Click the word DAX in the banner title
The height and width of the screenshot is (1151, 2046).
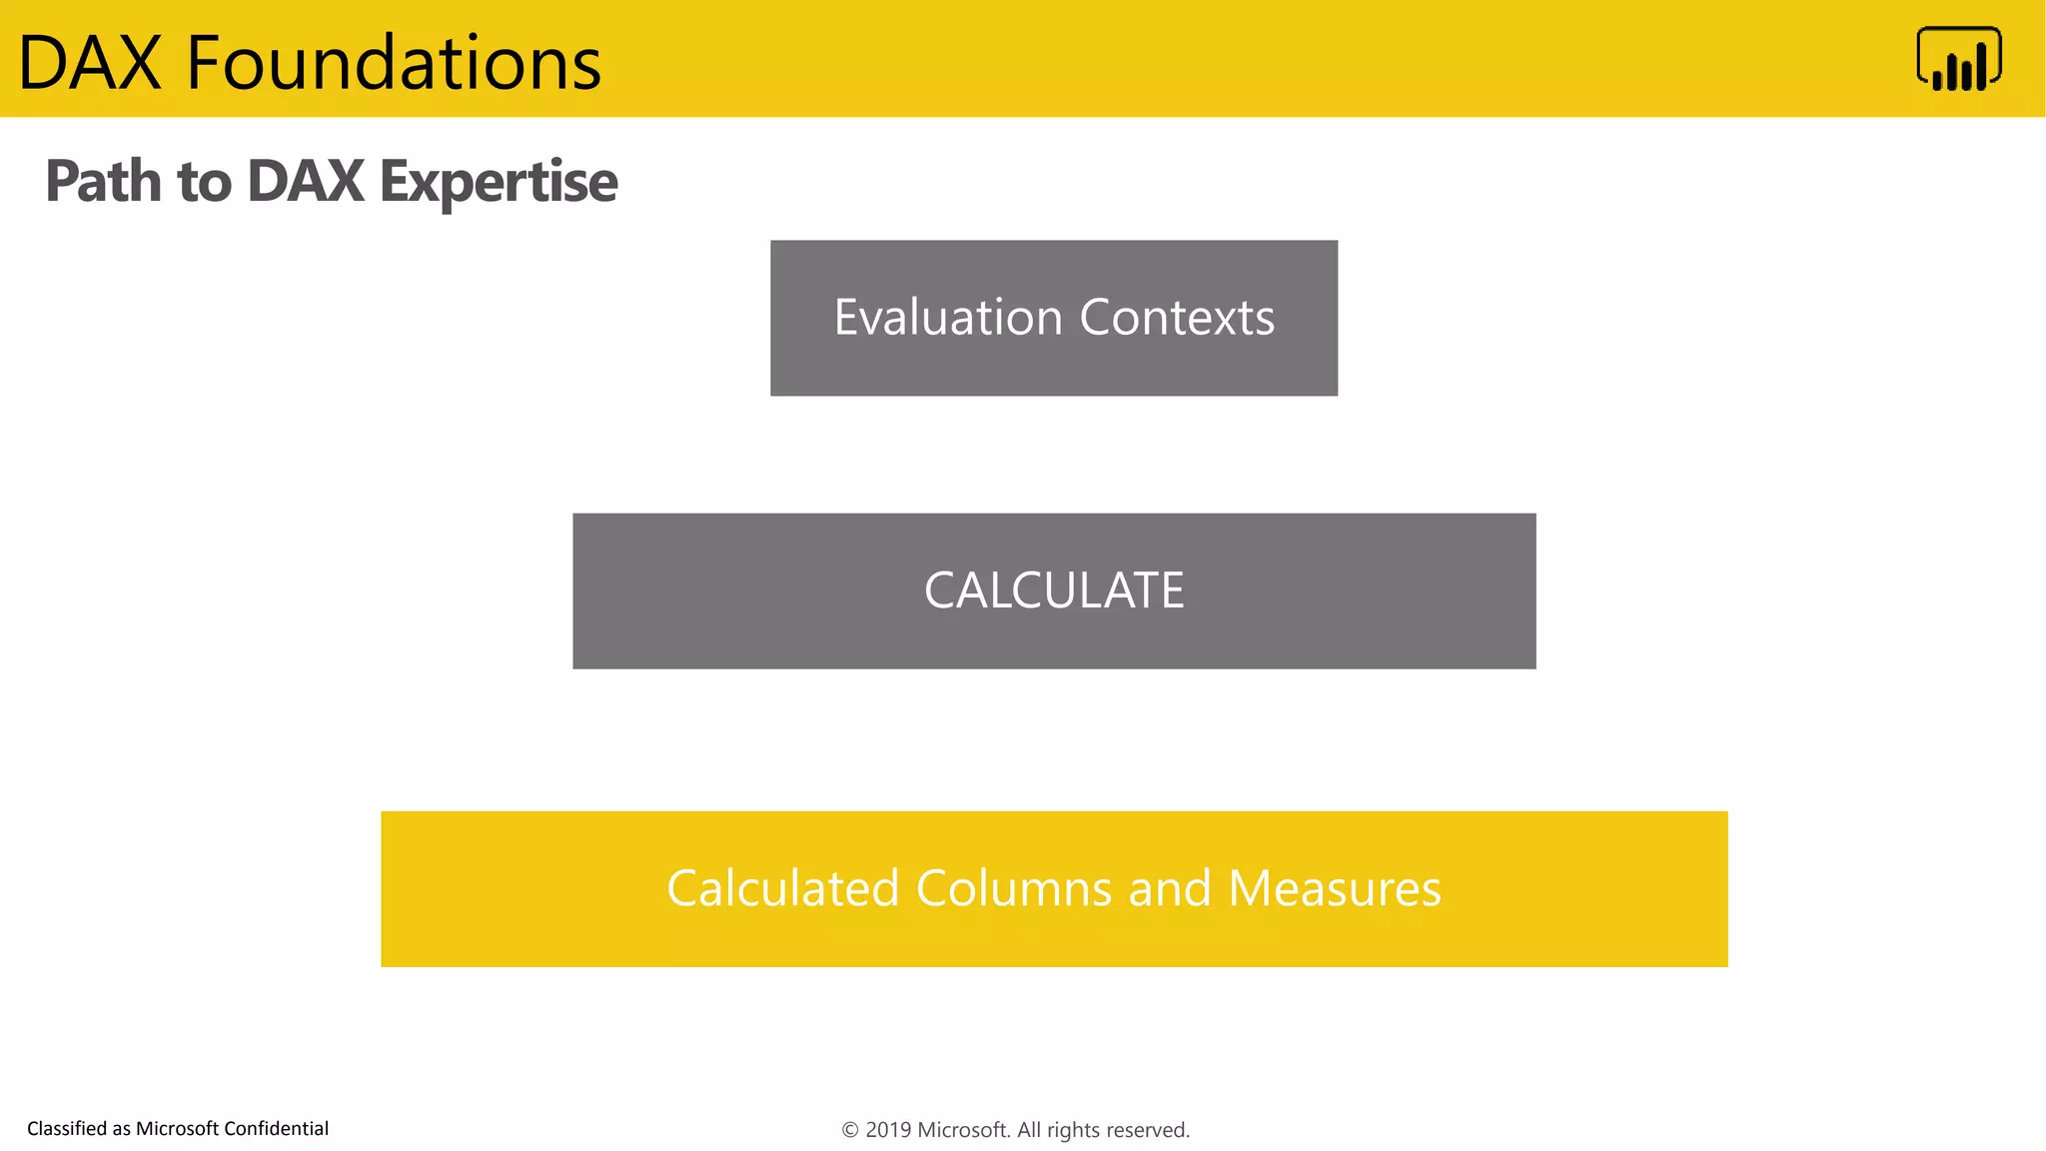(90, 63)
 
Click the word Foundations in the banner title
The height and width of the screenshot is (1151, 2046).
(394, 63)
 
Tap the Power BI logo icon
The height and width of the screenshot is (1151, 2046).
(1958, 59)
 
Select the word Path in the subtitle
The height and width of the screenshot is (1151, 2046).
(103, 182)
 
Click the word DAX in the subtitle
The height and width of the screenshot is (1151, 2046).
(306, 182)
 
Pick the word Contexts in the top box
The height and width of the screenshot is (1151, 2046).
(1177, 318)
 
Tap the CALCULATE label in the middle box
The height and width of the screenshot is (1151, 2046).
(1054, 590)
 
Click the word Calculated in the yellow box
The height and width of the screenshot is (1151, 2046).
(783, 888)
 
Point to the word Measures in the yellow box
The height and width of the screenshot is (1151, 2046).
(1334, 888)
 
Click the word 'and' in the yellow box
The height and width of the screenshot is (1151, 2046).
(1170, 888)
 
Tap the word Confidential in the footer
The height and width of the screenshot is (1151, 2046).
(276, 1129)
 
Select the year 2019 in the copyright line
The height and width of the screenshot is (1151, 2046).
(888, 1130)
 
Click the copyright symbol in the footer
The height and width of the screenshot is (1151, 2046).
(850, 1130)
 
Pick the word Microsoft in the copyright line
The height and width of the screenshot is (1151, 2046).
(963, 1130)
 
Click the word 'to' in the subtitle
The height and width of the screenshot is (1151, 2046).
(204, 182)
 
